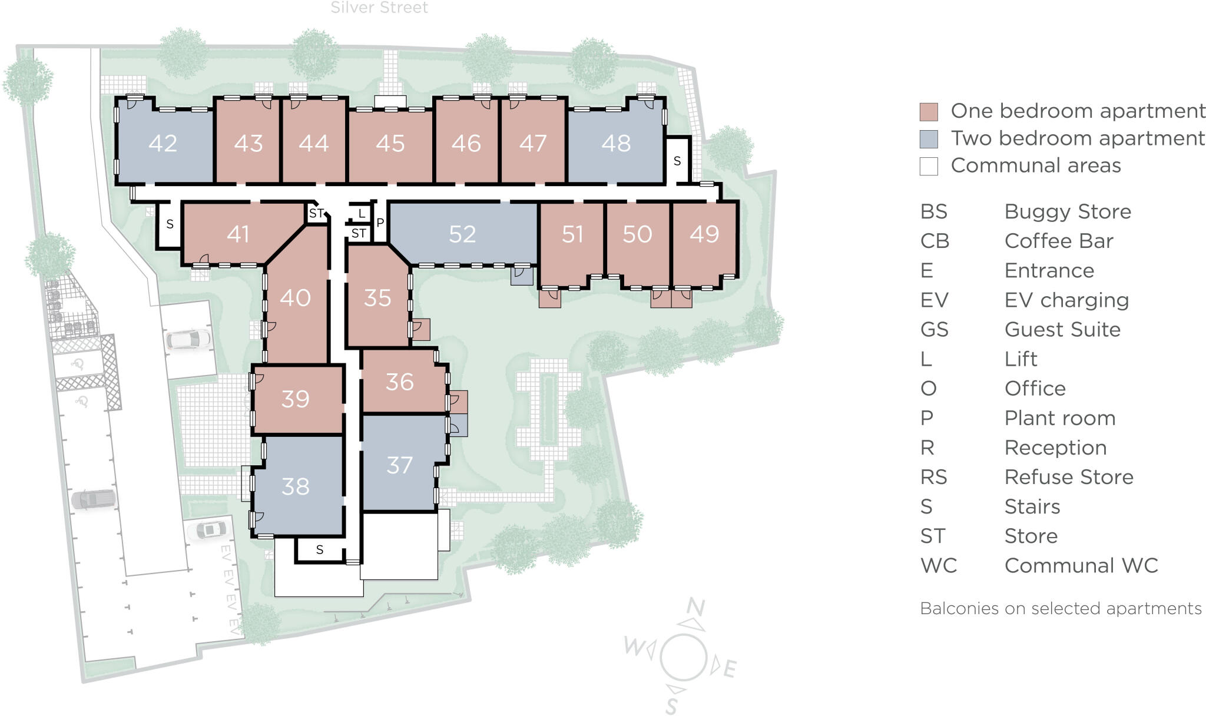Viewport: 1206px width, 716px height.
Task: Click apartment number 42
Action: (x=163, y=144)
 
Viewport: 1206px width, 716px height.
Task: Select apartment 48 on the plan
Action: (x=616, y=144)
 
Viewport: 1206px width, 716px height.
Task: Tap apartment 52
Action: (x=462, y=234)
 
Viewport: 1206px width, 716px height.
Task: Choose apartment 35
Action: (x=377, y=298)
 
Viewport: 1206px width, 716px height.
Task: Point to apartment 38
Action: (x=296, y=486)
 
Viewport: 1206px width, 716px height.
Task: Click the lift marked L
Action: (x=362, y=213)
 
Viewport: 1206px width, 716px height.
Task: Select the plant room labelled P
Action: (x=380, y=223)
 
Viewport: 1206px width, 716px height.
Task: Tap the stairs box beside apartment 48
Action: (x=677, y=161)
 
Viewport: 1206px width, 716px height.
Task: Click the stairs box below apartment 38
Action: (x=320, y=550)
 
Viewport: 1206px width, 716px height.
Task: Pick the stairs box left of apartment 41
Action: (x=170, y=224)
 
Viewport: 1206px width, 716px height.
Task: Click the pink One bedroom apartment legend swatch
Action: (x=929, y=112)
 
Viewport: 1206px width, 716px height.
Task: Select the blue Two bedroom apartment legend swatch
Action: (x=929, y=139)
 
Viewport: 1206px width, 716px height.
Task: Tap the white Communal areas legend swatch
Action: (x=929, y=166)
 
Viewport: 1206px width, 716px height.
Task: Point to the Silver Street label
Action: (x=379, y=8)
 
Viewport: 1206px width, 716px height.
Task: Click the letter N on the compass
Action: (x=695, y=606)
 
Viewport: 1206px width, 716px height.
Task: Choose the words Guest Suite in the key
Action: (x=1062, y=330)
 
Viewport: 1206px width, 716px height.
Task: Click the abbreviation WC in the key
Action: (x=939, y=566)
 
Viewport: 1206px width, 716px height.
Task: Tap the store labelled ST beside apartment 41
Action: (x=317, y=213)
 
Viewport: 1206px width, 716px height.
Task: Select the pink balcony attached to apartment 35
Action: (x=421, y=329)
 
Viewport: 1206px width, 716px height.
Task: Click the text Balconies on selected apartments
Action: (x=1061, y=608)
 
